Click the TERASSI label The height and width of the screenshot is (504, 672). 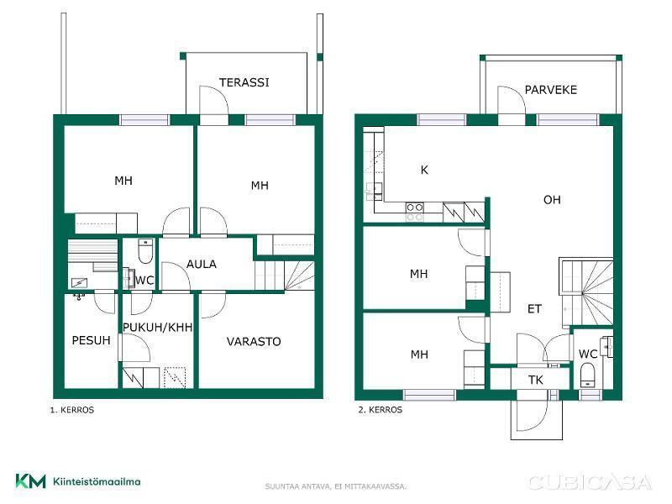244,82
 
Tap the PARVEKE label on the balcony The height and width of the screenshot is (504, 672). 551,90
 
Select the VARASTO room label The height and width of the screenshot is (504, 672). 254,342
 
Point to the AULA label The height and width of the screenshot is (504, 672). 202,264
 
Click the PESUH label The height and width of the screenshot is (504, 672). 91,340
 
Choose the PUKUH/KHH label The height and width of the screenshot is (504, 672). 157,328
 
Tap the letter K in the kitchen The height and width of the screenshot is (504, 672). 424,171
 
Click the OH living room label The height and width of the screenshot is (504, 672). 552,200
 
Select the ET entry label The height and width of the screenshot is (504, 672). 534,309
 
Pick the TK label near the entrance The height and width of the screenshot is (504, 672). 536,381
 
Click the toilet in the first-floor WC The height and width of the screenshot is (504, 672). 145,251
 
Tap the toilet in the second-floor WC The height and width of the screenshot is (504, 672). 586,375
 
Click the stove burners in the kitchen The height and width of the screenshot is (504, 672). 414,213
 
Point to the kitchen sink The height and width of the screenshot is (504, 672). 374,192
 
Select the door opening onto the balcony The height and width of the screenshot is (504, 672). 512,100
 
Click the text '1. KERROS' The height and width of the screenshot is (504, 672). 72,410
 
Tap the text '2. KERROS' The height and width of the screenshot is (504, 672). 381,410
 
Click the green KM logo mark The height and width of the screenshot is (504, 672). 30,480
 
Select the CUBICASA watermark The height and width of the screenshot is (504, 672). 591,482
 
